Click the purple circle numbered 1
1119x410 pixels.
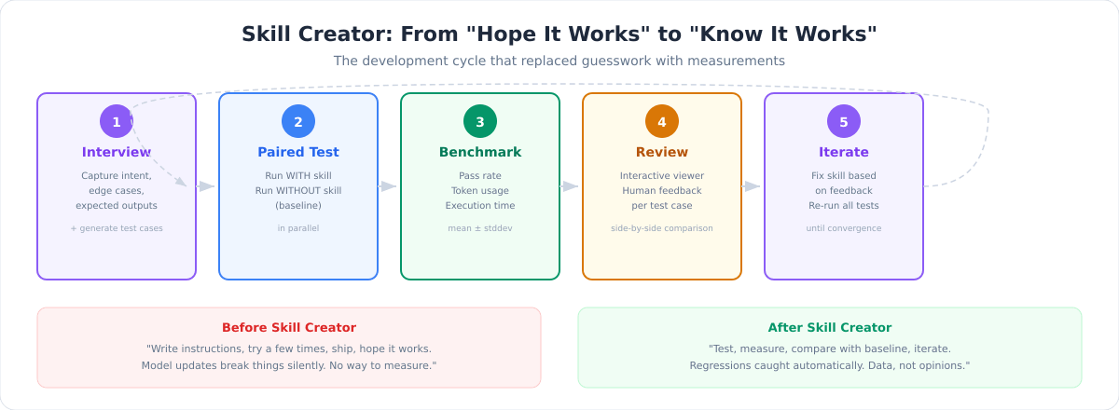tap(117, 121)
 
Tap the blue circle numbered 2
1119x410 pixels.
tap(298, 121)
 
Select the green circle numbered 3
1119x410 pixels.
tap(480, 121)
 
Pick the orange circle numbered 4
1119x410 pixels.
tap(662, 121)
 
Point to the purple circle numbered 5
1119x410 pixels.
tap(844, 121)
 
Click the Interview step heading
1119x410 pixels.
tap(117, 152)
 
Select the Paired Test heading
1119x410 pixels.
tap(298, 152)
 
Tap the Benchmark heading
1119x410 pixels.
tap(480, 152)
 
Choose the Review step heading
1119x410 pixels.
tap(662, 152)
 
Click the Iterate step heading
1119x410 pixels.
tap(844, 152)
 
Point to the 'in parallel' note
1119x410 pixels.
tap(298, 228)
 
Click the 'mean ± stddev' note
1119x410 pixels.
tap(480, 228)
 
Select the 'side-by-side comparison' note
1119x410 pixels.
tap(662, 228)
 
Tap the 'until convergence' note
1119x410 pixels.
tap(844, 228)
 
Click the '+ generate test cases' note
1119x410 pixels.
tap(117, 228)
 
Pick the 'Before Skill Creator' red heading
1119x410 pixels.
tap(289, 328)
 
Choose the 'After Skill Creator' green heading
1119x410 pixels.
tap(830, 328)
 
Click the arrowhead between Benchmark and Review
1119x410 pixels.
tap(571, 186)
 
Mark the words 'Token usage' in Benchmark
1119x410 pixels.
tap(480, 190)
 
